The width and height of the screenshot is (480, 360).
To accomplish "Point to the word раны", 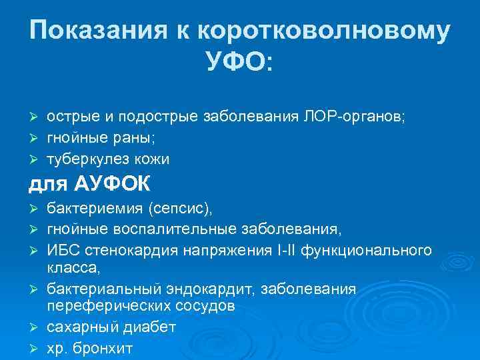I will [x=133, y=137].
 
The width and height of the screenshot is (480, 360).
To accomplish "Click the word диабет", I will [x=147, y=327].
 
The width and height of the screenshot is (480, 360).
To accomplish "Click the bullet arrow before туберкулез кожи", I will [x=33, y=159].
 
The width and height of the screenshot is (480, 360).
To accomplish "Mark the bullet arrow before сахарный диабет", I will [x=33, y=327].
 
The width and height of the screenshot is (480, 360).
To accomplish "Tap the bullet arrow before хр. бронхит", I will [x=33, y=348].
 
